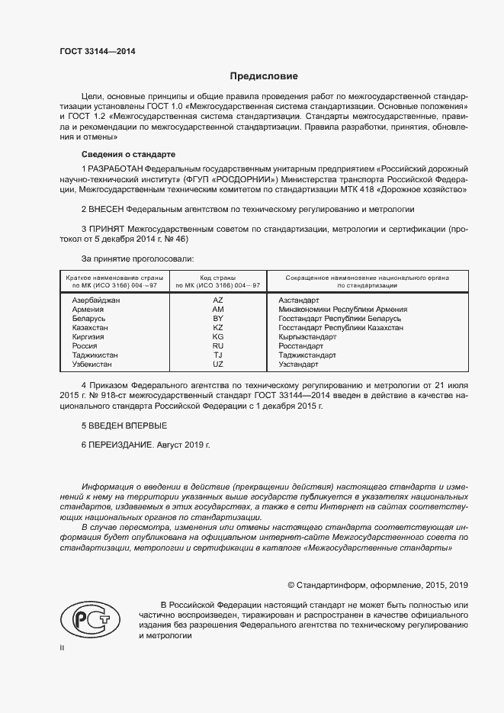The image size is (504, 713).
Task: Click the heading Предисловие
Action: [x=264, y=76]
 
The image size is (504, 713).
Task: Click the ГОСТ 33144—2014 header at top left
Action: [x=92, y=52]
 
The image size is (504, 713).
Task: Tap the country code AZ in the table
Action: [x=218, y=300]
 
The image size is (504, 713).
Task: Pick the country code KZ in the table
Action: [x=218, y=328]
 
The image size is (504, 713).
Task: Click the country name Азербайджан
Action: [x=96, y=300]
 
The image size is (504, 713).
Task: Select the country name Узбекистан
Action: [x=93, y=365]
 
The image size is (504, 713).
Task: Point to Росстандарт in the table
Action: [x=301, y=346]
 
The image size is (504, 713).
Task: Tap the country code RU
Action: [x=218, y=346]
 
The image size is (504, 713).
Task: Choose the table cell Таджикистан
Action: [x=95, y=355]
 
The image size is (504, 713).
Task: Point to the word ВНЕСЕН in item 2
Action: [x=107, y=208]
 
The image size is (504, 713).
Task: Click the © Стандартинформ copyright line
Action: [x=377, y=585]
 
